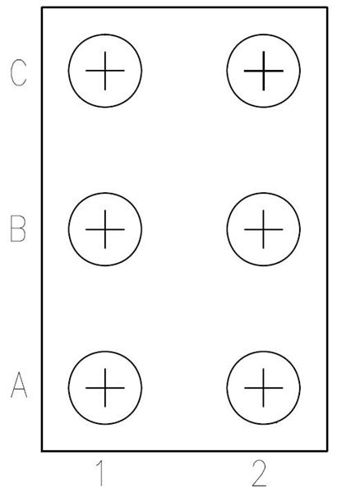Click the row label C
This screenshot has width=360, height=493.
click(x=19, y=72)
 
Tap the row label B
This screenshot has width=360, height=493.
click(x=18, y=228)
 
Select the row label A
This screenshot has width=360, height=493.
click(x=19, y=385)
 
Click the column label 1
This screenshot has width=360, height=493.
click(x=100, y=473)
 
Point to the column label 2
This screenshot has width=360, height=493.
click(x=259, y=473)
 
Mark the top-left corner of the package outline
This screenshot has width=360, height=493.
click(x=42, y=7)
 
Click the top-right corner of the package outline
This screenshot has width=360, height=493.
click(x=327, y=7)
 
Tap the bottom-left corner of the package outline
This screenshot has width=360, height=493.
click(x=42, y=451)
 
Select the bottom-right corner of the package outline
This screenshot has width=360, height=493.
click(x=327, y=451)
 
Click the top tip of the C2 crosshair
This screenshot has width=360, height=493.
click(x=264, y=51)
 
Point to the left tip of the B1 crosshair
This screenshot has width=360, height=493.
click(x=85, y=229)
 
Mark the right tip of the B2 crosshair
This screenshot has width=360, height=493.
click(x=283, y=229)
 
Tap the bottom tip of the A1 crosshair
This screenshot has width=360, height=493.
click(x=105, y=408)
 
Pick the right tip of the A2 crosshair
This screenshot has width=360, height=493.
click(x=283, y=388)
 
